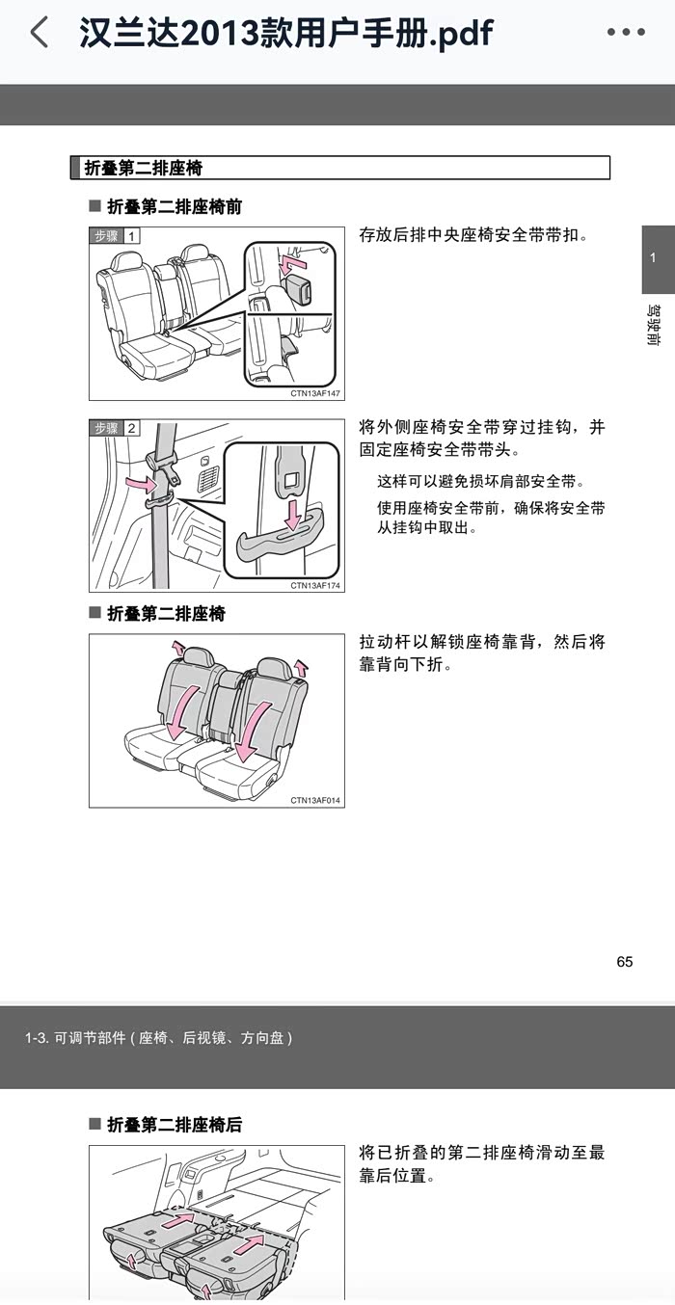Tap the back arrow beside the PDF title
40,32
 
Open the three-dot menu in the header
626,32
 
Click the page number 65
624,962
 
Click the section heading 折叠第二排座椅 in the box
144,169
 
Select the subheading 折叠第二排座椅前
175,207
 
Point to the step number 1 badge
132,236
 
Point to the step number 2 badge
132,428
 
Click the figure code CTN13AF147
314,394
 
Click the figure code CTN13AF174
314,585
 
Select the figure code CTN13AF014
314,801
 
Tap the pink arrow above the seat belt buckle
291,263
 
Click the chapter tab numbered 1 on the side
654,258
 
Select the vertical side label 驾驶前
654,325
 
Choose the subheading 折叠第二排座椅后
175,1125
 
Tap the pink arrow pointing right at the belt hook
143,484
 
